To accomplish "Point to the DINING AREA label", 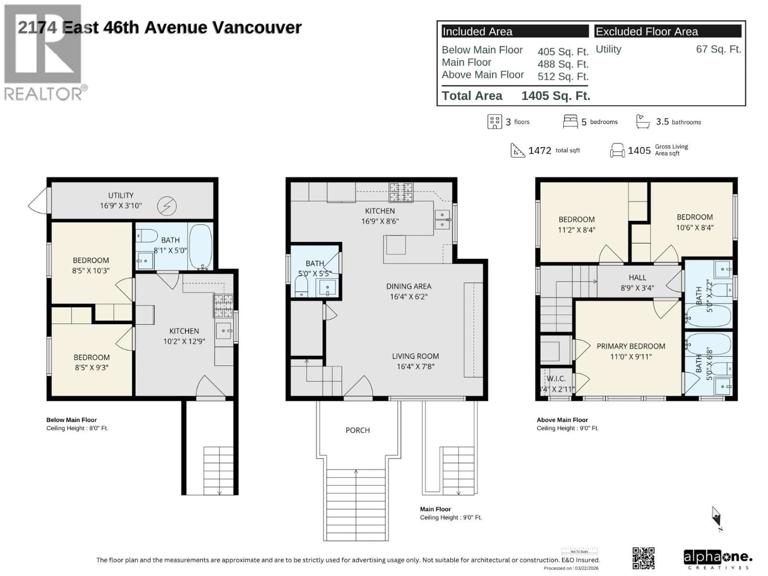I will [409, 286].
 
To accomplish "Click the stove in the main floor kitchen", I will [401, 192].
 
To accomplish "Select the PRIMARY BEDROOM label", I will [631, 346].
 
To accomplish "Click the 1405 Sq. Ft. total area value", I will [556, 96].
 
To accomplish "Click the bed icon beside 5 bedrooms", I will [570, 122].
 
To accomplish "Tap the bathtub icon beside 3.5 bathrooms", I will [642, 122].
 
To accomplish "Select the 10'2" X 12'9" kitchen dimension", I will [184, 341].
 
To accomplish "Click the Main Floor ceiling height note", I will [451, 517].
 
